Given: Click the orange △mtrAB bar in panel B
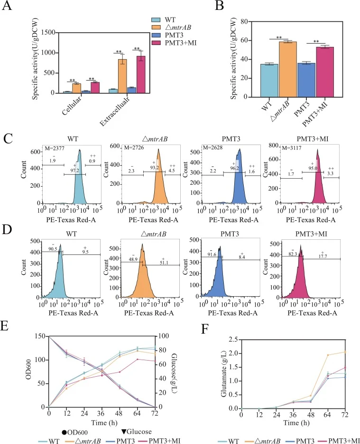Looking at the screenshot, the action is [288, 69].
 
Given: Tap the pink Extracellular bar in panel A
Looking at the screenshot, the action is [141, 74].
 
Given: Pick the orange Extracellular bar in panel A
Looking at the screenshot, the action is [122, 76].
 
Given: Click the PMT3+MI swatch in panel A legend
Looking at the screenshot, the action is [156, 43].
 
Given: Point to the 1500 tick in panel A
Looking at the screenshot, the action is [48, 32].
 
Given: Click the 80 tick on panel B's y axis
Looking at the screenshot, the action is [244, 21].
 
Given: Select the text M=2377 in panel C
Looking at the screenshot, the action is [55, 148].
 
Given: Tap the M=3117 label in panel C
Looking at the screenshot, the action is [292, 148].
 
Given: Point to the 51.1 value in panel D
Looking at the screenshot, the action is [164, 263].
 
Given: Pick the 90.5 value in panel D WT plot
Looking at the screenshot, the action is [53, 249].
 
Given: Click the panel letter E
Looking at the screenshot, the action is [5, 326].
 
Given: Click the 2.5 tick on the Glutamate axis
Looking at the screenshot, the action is [233, 339].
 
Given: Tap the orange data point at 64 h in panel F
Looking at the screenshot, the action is [328, 355].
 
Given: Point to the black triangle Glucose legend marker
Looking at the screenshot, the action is [124, 432].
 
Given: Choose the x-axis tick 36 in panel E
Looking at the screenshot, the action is [101, 414].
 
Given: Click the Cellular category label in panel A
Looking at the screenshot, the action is [72, 105].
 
